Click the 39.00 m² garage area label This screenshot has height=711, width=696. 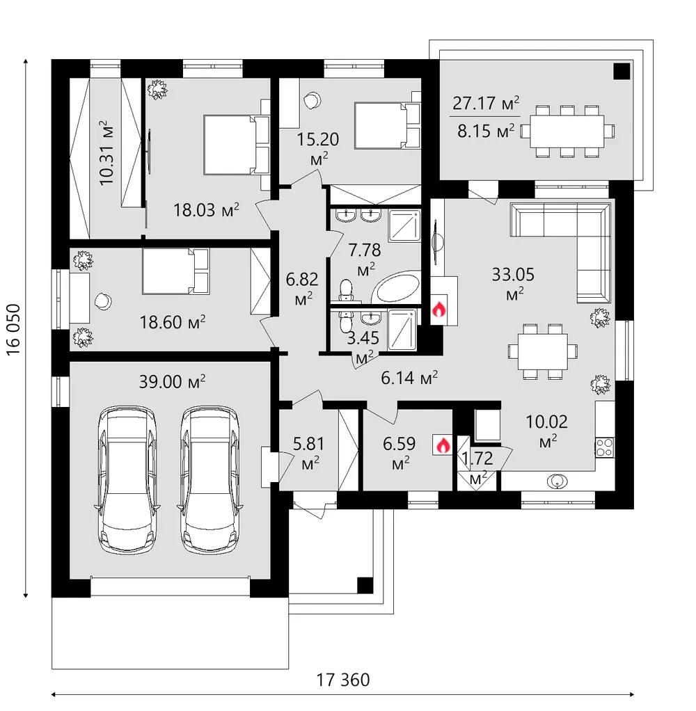tap(172, 381)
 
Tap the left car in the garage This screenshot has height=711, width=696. tap(127, 479)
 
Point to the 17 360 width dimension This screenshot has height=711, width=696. tap(343, 680)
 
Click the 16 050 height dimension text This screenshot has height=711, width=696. tap(14, 329)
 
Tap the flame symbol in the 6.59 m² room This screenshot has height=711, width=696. tap(443, 445)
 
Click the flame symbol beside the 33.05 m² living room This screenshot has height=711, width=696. tap(438, 310)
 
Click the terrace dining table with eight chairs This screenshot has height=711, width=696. tap(567, 131)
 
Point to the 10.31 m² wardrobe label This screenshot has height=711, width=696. tap(106, 153)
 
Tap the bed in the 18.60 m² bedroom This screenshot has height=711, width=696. tap(175, 271)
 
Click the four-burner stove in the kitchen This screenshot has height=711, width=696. tap(605, 447)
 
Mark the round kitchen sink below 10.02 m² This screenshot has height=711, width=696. tap(557, 481)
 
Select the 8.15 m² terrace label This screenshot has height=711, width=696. tap(486, 131)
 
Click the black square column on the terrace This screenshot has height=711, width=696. tap(622, 71)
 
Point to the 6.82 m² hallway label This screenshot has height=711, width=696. tap(302, 289)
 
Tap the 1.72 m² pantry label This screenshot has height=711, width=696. tap(477, 467)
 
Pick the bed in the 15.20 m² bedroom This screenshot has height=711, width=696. tap(386, 125)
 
